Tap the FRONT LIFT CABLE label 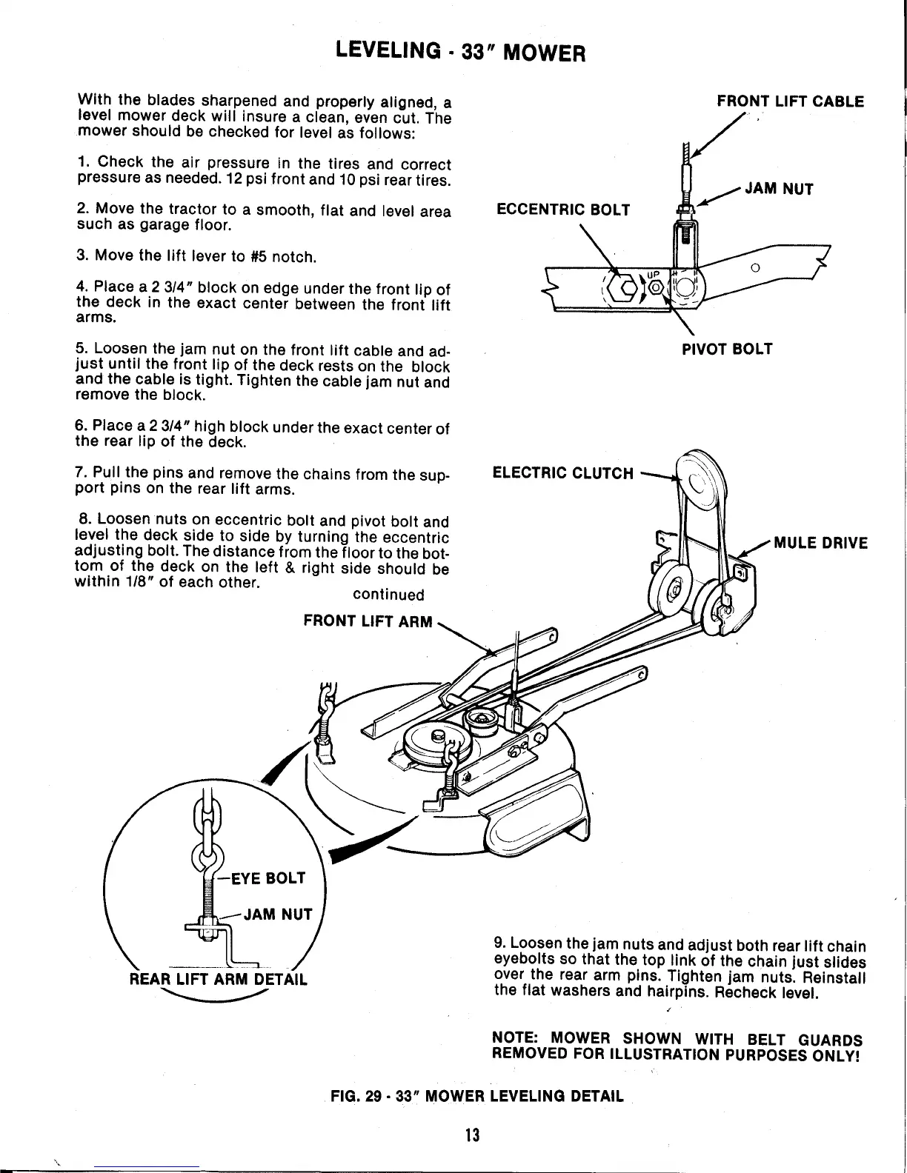(x=790, y=101)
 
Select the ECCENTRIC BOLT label (x=562, y=210)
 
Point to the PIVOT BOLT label (x=727, y=349)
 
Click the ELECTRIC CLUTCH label (x=563, y=473)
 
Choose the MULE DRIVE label (x=820, y=543)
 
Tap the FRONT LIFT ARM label (x=368, y=621)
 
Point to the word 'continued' (x=388, y=595)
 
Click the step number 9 (x=498, y=946)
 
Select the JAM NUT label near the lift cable (x=779, y=189)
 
